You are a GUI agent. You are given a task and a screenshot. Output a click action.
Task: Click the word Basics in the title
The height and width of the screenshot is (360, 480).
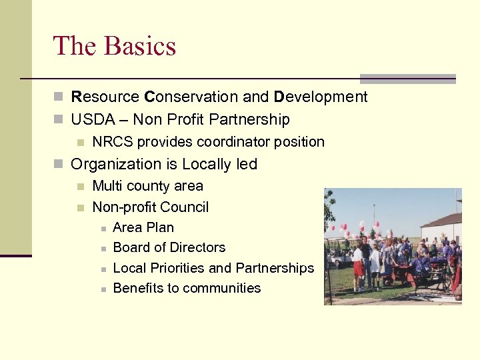click(x=140, y=46)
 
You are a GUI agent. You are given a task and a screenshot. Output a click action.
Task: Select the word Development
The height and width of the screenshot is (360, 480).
click(x=320, y=97)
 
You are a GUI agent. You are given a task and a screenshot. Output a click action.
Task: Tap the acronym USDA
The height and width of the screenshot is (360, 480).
click(x=91, y=120)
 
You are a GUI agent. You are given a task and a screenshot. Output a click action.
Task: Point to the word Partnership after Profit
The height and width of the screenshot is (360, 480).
click(x=249, y=120)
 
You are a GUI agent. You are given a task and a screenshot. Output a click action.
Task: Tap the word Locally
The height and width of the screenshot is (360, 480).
click(x=207, y=164)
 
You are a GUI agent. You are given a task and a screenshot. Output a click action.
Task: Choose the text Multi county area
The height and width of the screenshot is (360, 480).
click(x=147, y=186)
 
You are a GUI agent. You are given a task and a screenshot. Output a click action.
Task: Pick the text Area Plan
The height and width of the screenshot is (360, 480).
click(x=143, y=227)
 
